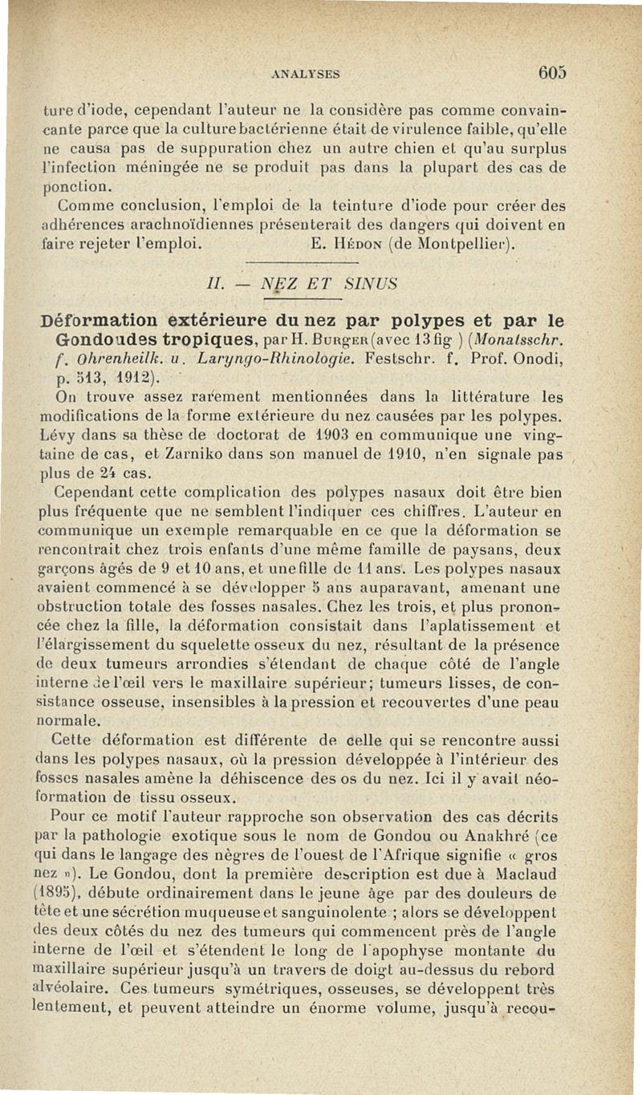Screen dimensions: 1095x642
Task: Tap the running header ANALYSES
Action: point(306,73)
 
